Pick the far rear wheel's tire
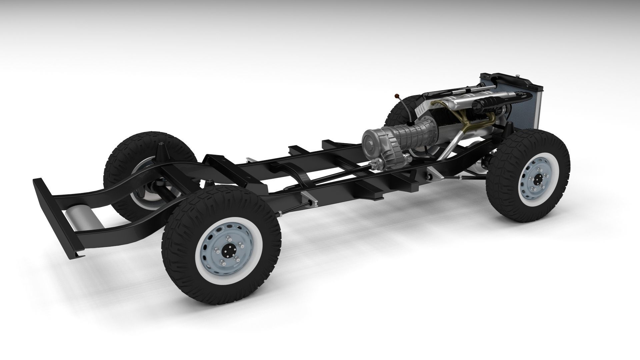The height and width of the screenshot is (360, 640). [120, 167]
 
